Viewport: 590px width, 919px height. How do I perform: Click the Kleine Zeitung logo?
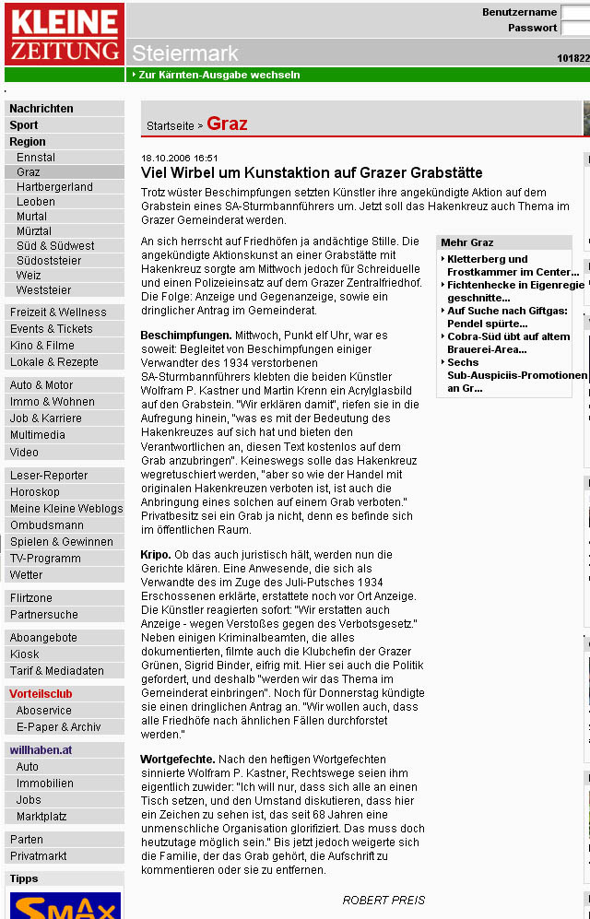pyautogui.click(x=64, y=34)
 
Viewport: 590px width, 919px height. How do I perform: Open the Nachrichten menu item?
pyautogui.click(x=41, y=109)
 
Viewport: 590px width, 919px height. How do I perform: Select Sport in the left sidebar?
pyautogui.click(x=24, y=125)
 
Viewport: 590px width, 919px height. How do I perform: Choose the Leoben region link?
pyautogui.click(x=36, y=202)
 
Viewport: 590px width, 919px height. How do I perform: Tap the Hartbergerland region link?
pyautogui.click(x=54, y=186)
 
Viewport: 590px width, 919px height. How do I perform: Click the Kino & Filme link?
pyautogui.click(x=42, y=346)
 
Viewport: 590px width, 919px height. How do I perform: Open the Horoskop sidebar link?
pyautogui.click(x=35, y=492)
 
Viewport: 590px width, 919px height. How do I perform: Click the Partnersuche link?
pyautogui.click(x=44, y=615)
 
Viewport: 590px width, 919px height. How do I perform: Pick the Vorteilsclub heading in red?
pyautogui.click(x=41, y=694)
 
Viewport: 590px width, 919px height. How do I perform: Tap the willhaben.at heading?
pyautogui.click(x=40, y=750)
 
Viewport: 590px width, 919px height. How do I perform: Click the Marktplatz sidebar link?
pyautogui.click(x=41, y=817)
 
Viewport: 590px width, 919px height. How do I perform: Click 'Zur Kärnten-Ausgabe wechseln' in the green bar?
pyautogui.click(x=218, y=75)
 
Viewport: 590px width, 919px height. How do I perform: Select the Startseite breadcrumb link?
pyautogui.click(x=171, y=125)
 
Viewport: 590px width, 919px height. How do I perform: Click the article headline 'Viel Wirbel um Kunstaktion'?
pyautogui.click(x=311, y=173)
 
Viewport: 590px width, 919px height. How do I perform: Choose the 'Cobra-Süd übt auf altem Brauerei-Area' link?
pyautogui.click(x=508, y=343)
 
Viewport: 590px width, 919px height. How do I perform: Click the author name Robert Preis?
pyautogui.click(x=383, y=900)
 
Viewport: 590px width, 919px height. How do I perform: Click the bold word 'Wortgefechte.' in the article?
pyautogui.click(x=178, y=760)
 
